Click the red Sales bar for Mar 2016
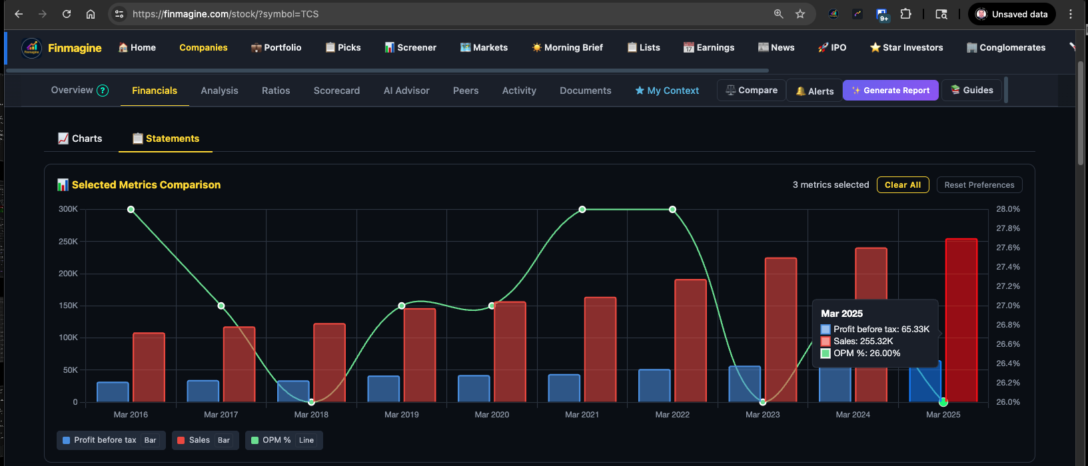(x=149, y=367)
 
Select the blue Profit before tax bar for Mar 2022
(x=654, y=385)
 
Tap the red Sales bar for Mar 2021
(x=600, y=349)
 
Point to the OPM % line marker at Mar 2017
(x=221, y=306)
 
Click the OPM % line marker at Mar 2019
(x=402, y=306)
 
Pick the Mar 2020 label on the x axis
(x=492, y=415)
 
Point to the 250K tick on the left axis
(x=69, y=242)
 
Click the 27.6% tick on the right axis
(x=1007, y=248)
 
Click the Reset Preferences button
(x=979, y=185)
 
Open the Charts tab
(x=80, y=138)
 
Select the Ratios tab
(x=276, y=91)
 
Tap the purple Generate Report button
(x=890, y=91)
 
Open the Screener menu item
(x=410, y=47)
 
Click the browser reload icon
(x=67, y=14)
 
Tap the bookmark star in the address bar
(x=800, y=14)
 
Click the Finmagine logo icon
(x=32, y=48)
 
